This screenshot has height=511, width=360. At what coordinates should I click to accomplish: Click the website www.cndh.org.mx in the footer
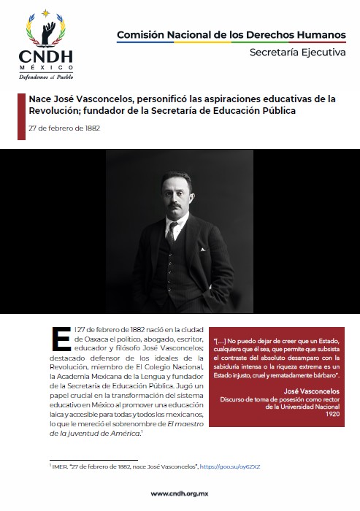click(x=180, y=493)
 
